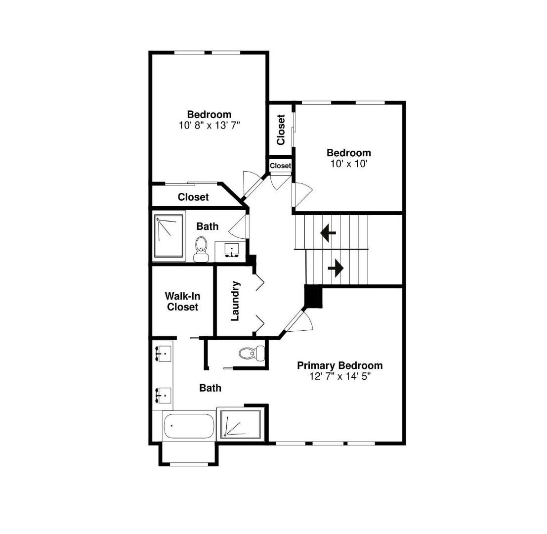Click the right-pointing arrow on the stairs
click(336, 268)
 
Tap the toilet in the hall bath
click(201, 248)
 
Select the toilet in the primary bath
click(252, 353)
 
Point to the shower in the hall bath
click(168, 235)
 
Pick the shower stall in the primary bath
click(240, 424)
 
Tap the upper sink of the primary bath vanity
click(163, 354)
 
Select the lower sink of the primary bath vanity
click(163, 395)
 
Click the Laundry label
click(236, 301)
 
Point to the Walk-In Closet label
click(182, 302)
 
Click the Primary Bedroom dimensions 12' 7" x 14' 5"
click(339, 376)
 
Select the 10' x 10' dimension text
click(349, 164)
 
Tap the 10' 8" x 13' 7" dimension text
click(209, 126)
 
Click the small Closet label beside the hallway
click(280, 166)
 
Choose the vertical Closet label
click(281, 130)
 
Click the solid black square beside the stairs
click(313, 297)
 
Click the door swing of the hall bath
click(239, 227)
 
